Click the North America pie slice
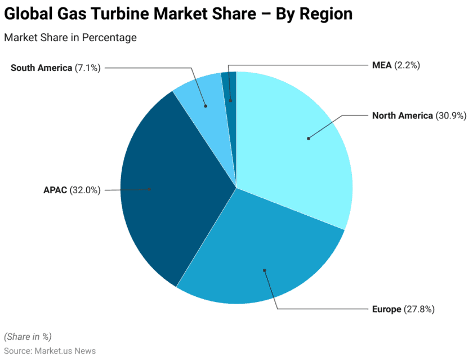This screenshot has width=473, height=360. (x=298, y=146)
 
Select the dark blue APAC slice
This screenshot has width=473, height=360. (x=169, y=186)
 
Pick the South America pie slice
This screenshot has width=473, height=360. (x=203, y=93)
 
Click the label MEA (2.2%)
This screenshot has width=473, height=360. (x=396, y=65)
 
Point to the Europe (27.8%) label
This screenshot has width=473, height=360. (x=403, y=309)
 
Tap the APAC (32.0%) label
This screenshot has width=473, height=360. (x=72, y=190)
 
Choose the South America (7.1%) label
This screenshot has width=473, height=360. (x=56, y=68)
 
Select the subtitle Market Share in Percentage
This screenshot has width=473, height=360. (x=70, y=38)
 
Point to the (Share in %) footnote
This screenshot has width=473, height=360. (x=28, y=336)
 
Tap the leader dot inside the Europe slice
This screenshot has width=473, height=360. (x=264, y=270)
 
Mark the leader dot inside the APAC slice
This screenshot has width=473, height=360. (x=149, y=189)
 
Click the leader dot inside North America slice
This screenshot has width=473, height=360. (x=308, y=138)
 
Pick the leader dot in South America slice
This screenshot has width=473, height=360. (x=206, y=105)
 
